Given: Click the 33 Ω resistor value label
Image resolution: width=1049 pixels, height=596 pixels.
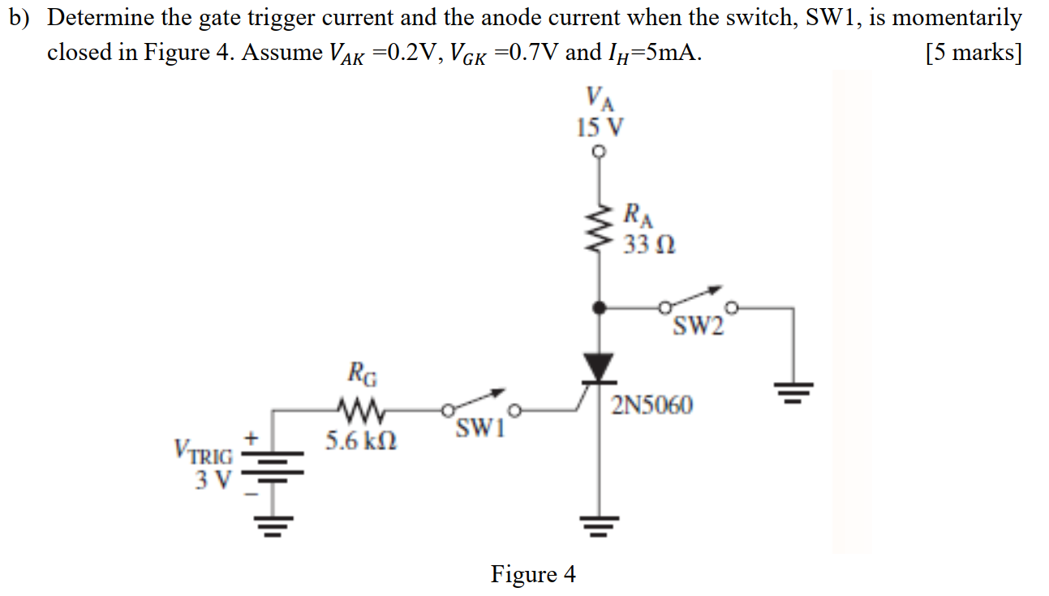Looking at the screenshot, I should coord(649,242).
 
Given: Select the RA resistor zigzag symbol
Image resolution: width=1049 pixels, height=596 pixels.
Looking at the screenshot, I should coord(600,229).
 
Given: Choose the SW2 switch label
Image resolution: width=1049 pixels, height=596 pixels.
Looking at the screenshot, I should coord(696,327).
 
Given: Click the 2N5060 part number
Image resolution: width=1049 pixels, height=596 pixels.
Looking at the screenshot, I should coord(652,405).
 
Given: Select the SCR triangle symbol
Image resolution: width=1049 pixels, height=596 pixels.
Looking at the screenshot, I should coord(600,367).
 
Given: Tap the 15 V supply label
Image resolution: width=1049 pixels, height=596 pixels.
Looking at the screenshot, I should coord(600,127).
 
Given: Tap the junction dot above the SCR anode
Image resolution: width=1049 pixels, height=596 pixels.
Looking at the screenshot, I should coord(600,308).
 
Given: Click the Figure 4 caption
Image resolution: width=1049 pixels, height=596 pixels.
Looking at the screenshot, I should coord(533,574).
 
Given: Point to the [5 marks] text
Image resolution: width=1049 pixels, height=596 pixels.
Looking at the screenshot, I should coord(973,54).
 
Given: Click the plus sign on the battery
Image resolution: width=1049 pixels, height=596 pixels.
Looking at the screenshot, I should coord(252,439).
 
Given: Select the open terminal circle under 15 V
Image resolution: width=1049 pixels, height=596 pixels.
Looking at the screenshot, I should coord(600,151).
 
